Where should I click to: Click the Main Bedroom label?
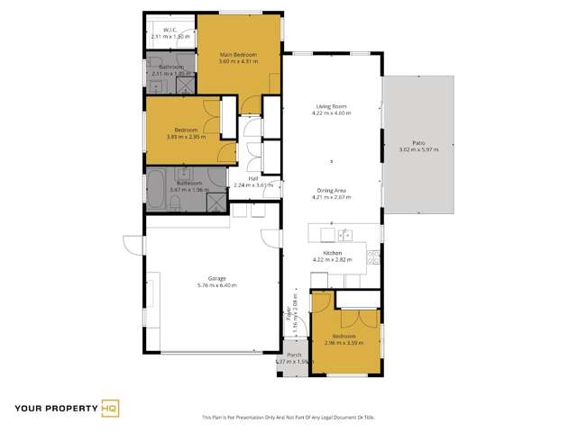tap(238, 55)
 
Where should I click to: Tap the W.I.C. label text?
tap(168, 30)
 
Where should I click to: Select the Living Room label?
tap(330, 106)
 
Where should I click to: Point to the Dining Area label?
tap(330, 191)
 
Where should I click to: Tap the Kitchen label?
tap(332, 253)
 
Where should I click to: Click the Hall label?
tap(253, 178)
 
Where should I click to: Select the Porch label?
tap(294, 355)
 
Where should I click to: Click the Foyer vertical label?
tap(290, 311)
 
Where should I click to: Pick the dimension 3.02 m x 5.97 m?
tap(418, 149)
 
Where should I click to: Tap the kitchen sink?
tap(344, 236)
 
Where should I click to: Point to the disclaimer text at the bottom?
tap(288, 416)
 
